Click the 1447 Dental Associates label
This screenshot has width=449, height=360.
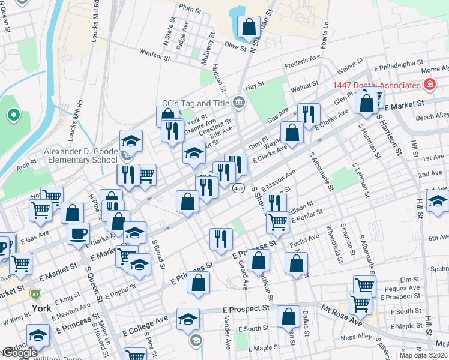[376, 86]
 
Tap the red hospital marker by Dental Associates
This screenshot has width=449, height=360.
[429, 85]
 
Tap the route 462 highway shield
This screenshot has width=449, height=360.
[238, 188]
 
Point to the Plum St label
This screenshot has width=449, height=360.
[189, 8]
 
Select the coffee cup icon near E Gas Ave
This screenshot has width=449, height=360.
[77, 233]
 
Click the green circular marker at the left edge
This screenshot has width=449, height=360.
[13, 114]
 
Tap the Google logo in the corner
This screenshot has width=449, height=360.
[20, 353]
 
